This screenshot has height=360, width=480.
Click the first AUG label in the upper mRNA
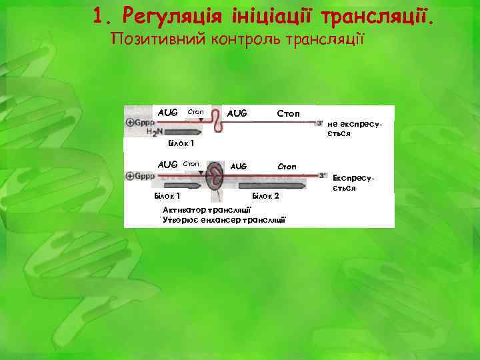tap(167, 113)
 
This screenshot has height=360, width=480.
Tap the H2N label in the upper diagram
tap(153, 133)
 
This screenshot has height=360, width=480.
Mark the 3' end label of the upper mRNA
tap(320, 123)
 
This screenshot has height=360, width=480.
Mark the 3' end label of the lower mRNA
tap(323, 175)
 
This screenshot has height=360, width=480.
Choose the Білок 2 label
tap(265, 197)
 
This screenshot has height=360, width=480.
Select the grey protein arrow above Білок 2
tap(273, 186)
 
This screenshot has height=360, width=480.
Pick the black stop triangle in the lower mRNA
tap(201, 173)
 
